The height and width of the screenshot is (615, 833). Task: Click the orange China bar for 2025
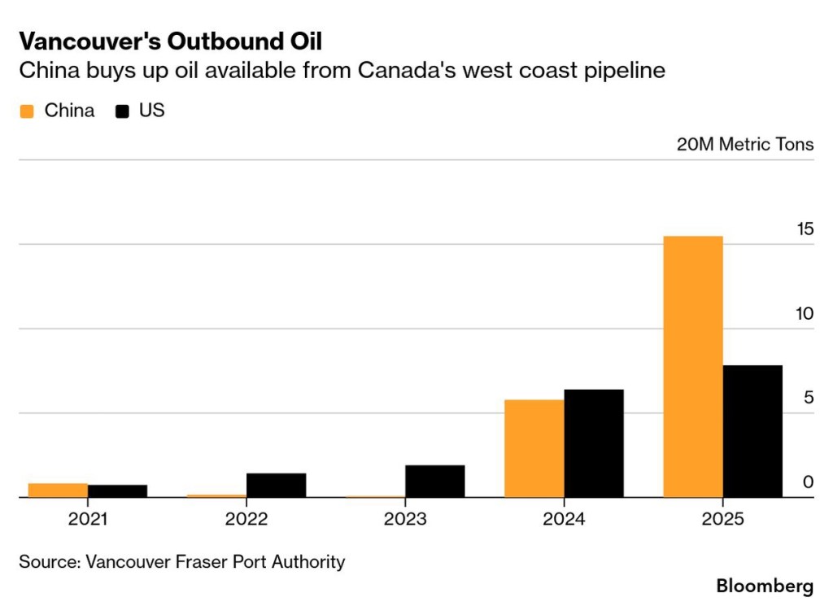point(693,366)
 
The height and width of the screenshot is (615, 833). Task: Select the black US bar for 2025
point(752,431)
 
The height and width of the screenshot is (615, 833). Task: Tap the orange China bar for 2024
point(534,448)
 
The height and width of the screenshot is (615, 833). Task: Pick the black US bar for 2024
point(594,443)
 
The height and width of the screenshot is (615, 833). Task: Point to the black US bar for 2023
point(435,481)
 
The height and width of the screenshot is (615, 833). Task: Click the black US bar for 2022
point(277,485)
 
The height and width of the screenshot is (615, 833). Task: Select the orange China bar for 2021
point(58,490)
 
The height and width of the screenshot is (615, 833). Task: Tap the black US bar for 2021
point(117,491)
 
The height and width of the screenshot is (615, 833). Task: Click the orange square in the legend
point(27,111)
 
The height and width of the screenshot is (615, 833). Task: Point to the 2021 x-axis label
point(88,519)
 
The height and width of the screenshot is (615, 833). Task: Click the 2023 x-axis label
point(405,519)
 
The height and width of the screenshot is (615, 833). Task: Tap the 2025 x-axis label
point(722,519)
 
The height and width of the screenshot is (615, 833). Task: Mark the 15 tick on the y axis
point(804,229)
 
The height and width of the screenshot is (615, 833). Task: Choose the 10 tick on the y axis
point(804,314)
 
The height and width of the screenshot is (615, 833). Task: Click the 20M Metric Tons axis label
point(744,145)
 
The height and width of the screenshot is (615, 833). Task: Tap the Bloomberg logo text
point(764,586)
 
